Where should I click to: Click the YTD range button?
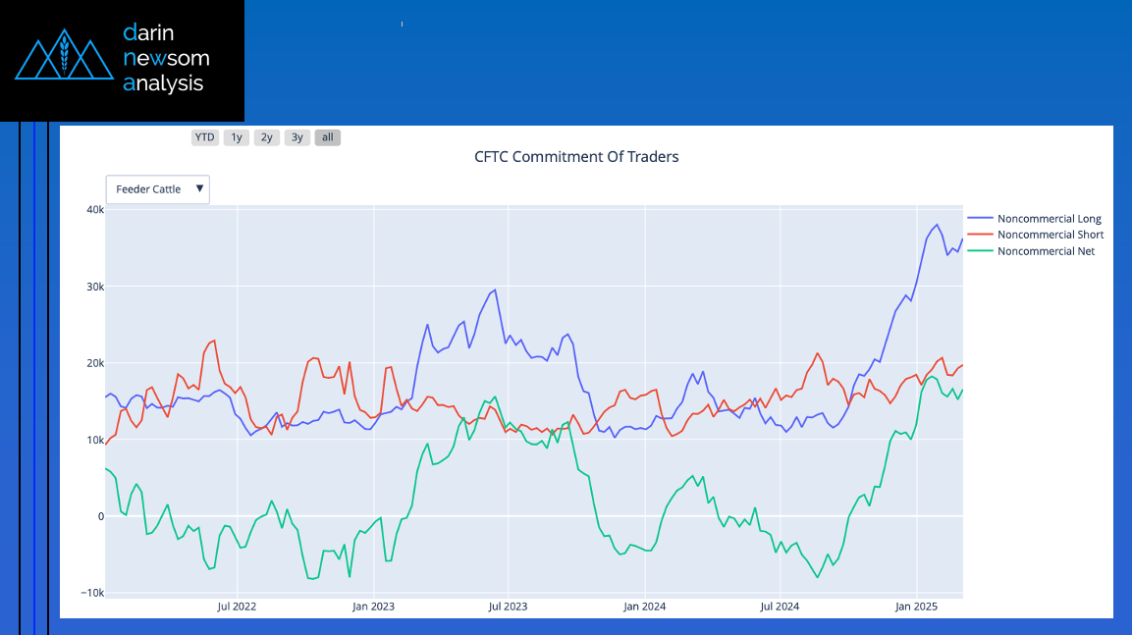(x=205, y=137)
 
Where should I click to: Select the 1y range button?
(x=236, y=137)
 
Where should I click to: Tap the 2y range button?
(x=266, y=137)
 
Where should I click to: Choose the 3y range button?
(x=296, y=137)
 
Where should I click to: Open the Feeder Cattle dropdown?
(x=157, y=189)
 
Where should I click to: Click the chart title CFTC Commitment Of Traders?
(x=576, y=157)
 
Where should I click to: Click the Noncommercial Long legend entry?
(x=1035, y=218)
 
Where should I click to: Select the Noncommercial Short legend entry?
(x=1036, y=235)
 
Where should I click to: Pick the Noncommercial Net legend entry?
(x=1032, y=251)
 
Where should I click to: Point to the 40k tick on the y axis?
(x=95, y=209)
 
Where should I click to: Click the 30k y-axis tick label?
(x=95, y=287)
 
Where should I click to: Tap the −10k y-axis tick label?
(x=92, y=593)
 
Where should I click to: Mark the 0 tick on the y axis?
(x=101, y=516)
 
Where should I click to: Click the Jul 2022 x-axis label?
(x=237, y=607)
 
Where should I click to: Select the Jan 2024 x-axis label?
(x=645, y=607)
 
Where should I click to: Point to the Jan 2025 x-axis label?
(x=916, y=607)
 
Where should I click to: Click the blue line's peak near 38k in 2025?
(x=937, y=225)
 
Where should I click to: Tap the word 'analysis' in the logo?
(x=163, y=83)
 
